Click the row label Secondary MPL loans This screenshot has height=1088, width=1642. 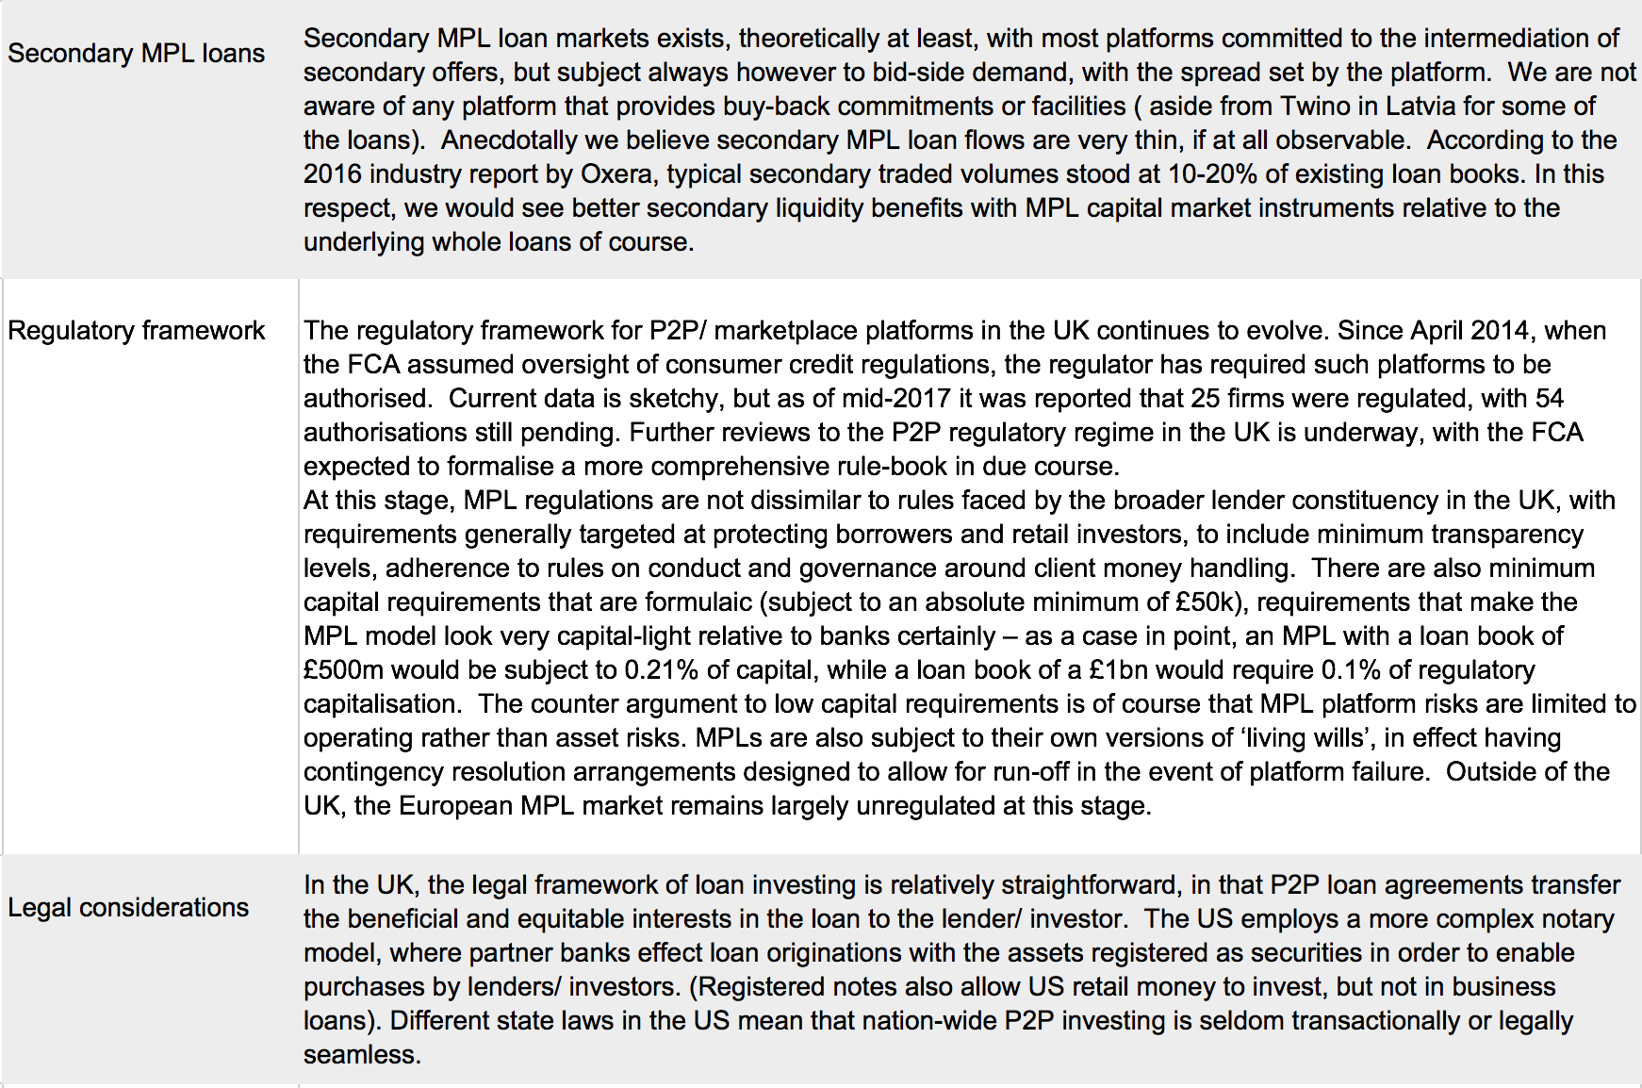136,54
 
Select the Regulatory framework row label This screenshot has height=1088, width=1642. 136,331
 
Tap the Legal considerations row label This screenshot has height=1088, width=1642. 128,908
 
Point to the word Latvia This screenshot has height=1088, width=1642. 1421,107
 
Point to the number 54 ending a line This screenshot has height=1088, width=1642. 1550,399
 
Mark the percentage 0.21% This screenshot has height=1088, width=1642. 661,670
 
